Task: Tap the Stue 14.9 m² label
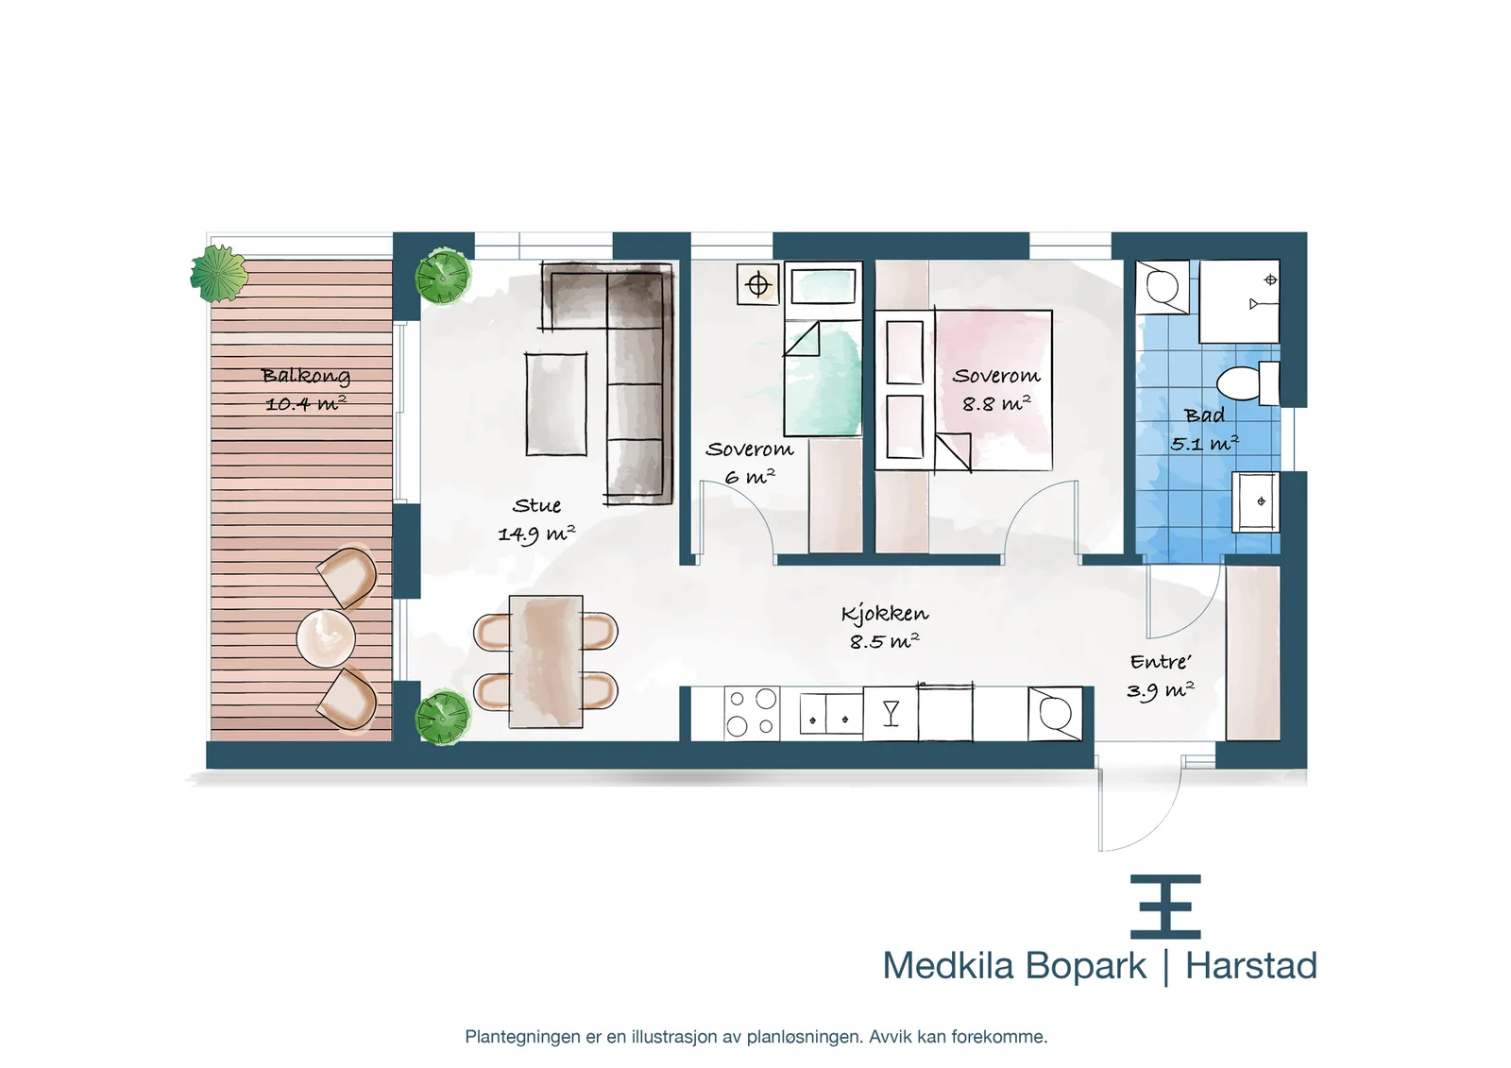pos(536,519)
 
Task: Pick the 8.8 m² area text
pos(996,403)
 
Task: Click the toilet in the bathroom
pos(1248,383)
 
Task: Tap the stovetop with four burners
pos(752,714)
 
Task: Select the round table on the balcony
pos(326,638)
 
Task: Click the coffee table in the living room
pos(556,404)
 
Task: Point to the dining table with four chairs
pos(546,661)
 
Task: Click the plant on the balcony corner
pos(218,274)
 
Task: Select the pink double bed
pos(963,390)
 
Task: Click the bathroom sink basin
pos(1256,501)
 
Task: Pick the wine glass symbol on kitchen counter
pos(891,713)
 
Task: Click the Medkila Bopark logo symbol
pos(1165,907)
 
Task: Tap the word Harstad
pos(1251,965)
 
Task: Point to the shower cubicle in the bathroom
pos(1239,301)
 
